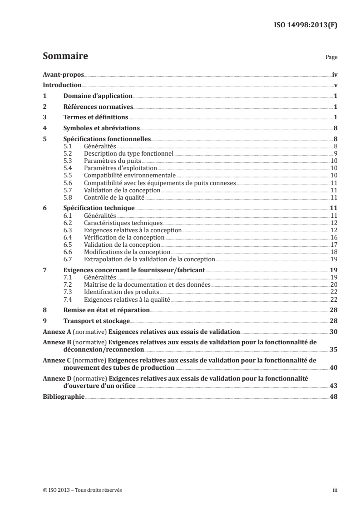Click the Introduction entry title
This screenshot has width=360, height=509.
pos(62,85)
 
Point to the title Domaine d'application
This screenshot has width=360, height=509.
pos(98,96)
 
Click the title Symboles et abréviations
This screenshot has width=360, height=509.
pos(101,128)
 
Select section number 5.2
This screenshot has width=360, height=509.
pos(68,154)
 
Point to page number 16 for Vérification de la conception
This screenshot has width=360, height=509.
pos(334,237)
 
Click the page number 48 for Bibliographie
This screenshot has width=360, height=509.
pos(334,396)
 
